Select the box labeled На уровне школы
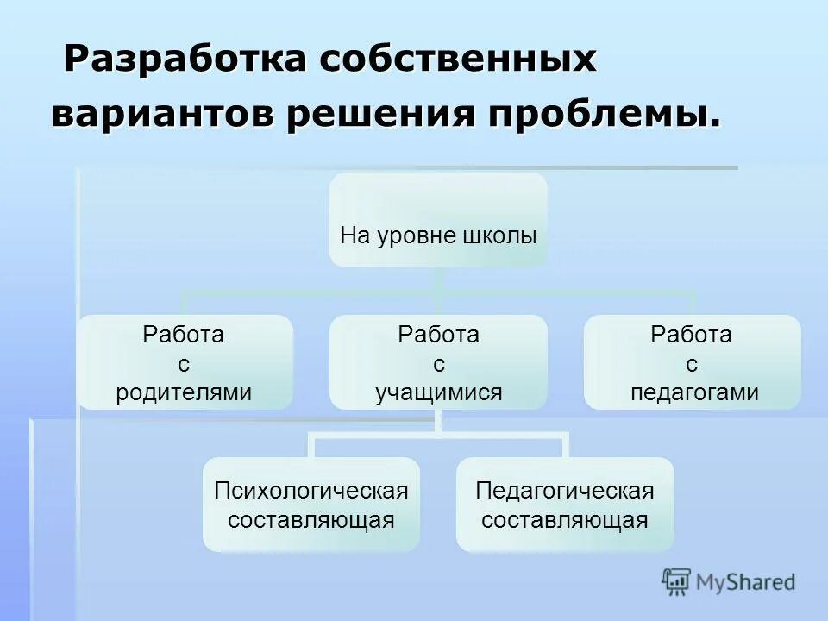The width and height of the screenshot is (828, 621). [438, 219]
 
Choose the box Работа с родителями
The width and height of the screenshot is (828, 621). [185, 362]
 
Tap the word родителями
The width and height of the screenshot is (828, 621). [184, 393]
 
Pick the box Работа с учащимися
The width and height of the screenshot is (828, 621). [438, 362]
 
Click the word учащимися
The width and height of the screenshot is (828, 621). [438, 393]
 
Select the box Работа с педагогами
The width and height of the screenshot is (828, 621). [693, 362]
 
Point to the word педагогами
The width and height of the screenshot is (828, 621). [693, 393]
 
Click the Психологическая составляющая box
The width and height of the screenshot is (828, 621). [311, 505]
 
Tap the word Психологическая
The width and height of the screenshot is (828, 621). [310, 491]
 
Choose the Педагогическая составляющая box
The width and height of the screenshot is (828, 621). [565, 505]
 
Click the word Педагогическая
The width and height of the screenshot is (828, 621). [565, 491]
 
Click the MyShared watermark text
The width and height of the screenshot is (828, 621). [747, 582]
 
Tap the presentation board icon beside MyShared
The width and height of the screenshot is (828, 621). [677, 581]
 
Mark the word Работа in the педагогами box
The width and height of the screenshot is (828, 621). [692, 335]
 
